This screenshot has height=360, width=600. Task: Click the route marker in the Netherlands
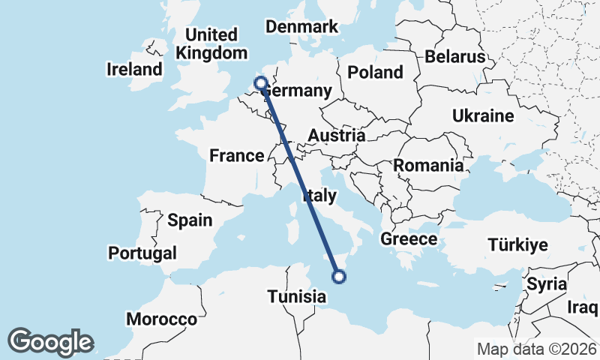(261, 83)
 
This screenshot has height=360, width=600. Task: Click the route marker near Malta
(339, 277)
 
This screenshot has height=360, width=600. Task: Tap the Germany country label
(297, 91)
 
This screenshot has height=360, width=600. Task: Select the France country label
(236, 156)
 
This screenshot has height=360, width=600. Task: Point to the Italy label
(319, 196)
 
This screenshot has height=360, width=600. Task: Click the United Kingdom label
(211, 44)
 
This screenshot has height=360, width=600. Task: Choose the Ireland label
(135, 70)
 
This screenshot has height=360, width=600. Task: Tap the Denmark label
(302, 27)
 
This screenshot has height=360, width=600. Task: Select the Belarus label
(455, 56)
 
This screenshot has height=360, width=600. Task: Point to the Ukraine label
(482, 116)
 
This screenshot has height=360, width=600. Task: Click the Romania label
(428, 166)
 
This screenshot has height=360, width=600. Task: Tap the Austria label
(337, 136)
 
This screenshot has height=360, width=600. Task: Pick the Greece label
(409, 239)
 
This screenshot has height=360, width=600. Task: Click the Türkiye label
(517, 245)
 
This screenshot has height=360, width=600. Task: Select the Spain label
(190, 220)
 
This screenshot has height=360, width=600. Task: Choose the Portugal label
(142, 253)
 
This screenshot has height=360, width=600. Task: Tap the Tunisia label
(297, 297)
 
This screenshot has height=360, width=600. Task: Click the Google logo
(51, 341)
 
